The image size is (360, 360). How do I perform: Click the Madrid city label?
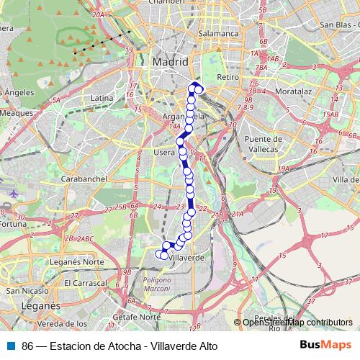pyautogui.click(x=170, y=63)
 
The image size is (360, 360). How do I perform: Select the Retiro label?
pyautogui.click(x=228, y=76)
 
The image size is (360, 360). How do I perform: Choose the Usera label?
pyautogui.click(x=165, y=153)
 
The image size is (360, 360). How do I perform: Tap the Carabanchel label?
pyautogui.click(x=84, y=178)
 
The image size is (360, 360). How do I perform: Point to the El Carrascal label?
pyautogui.click(x=85, y=283)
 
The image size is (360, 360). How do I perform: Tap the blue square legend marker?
pyautogui.click(x=10, y=346)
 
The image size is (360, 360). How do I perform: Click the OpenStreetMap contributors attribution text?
pyautogui.click(x=297, y=323)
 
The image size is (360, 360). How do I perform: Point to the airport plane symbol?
pyautogui.click(x=15, y=194)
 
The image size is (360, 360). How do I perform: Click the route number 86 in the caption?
pyautogui.click(x=27, y=346)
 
